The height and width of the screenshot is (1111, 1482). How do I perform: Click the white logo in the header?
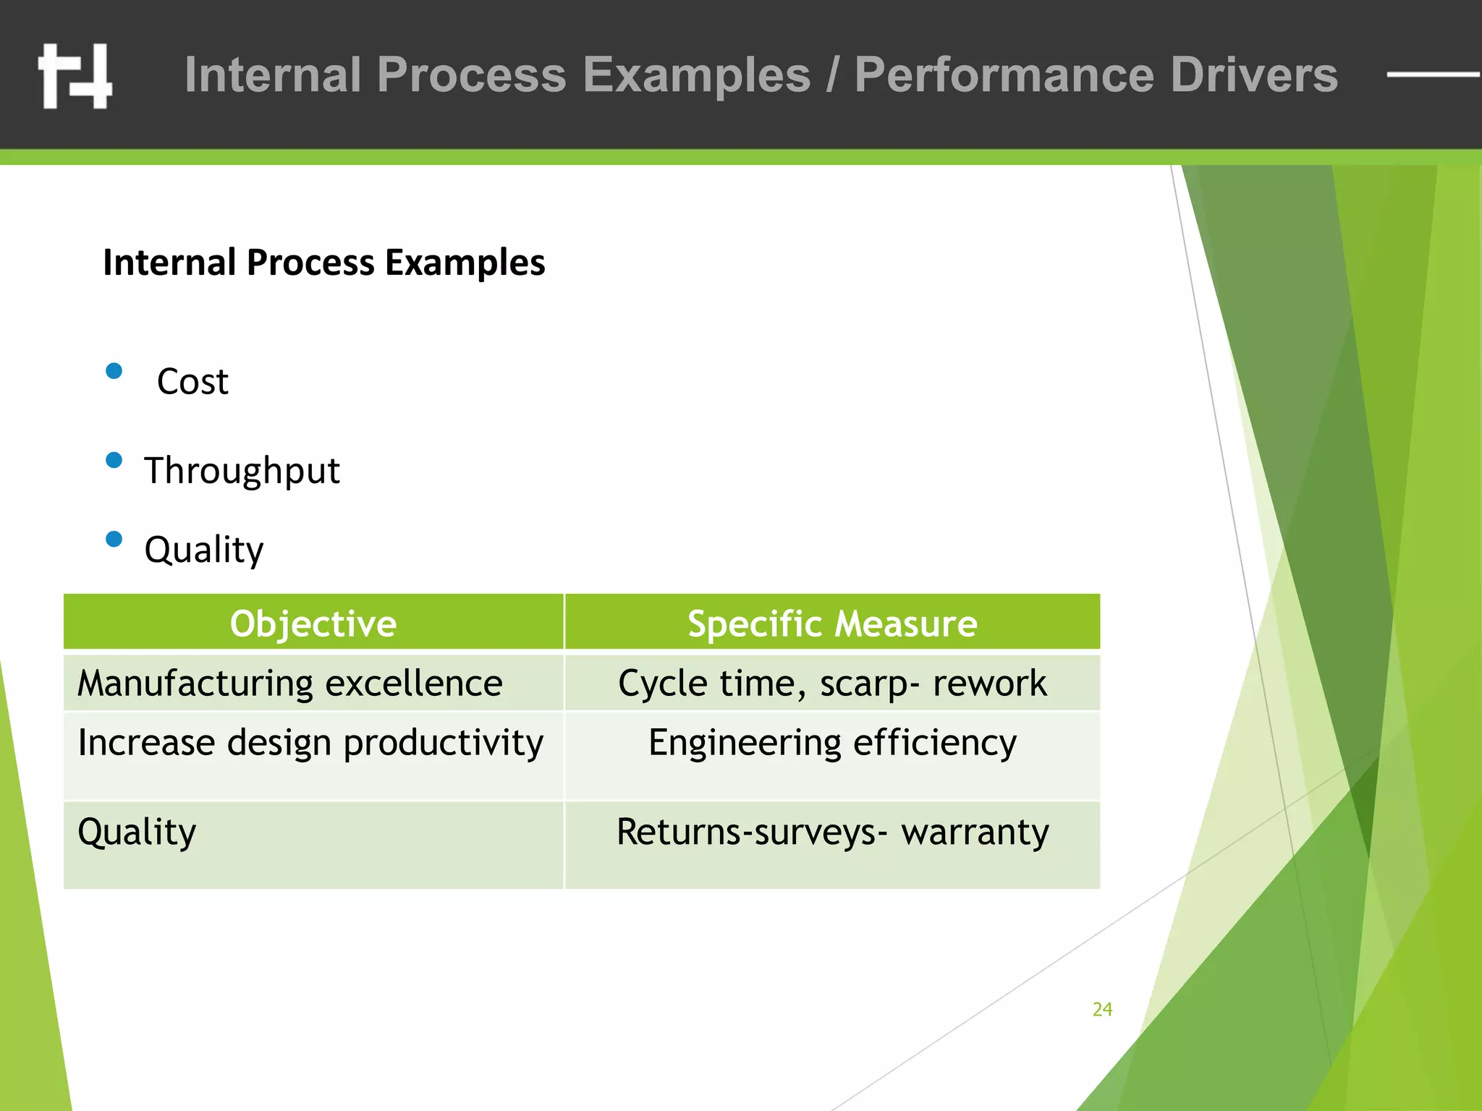pos(75,75)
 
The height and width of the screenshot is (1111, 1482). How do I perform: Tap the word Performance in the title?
pos(1004,75)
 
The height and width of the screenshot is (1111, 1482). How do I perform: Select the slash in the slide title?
pos(833,75)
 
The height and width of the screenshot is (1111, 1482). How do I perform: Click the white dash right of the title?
pos(1431,74)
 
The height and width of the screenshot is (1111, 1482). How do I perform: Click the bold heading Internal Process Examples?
pos(323,262)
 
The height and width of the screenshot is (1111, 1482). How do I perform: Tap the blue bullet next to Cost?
pos(114,371)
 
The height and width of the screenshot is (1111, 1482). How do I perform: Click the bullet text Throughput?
pos(242,471)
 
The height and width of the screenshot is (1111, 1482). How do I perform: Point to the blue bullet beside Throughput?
pos(114,460)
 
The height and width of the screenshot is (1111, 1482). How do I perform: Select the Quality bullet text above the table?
pos(204,550)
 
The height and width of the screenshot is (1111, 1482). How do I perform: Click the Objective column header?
pos(313,623)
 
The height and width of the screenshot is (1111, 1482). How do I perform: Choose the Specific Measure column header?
pos(832,623)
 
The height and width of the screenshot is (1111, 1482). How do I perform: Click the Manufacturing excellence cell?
pos(290,684)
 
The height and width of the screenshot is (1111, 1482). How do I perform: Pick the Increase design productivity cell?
pos(310,743)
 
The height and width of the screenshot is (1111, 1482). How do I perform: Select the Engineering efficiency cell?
pos(832,743)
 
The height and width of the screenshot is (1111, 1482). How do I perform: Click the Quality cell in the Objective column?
pos(137,832)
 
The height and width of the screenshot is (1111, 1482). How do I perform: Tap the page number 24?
pos(1102,1009)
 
